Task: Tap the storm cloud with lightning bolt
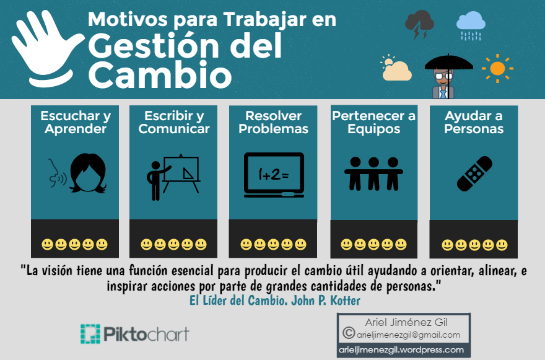click(419, 24)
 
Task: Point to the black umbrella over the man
click(448, 63)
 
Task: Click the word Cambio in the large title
click(160, 76)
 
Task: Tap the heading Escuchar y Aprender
click(75, 123)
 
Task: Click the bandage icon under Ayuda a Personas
click(474, 173)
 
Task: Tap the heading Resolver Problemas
click(273, 123)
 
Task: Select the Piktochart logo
click(134, 333)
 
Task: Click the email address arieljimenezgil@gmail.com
click(409, 335)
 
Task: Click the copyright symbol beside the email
click(348, 333)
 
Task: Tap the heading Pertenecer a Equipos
click(373, 123)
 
